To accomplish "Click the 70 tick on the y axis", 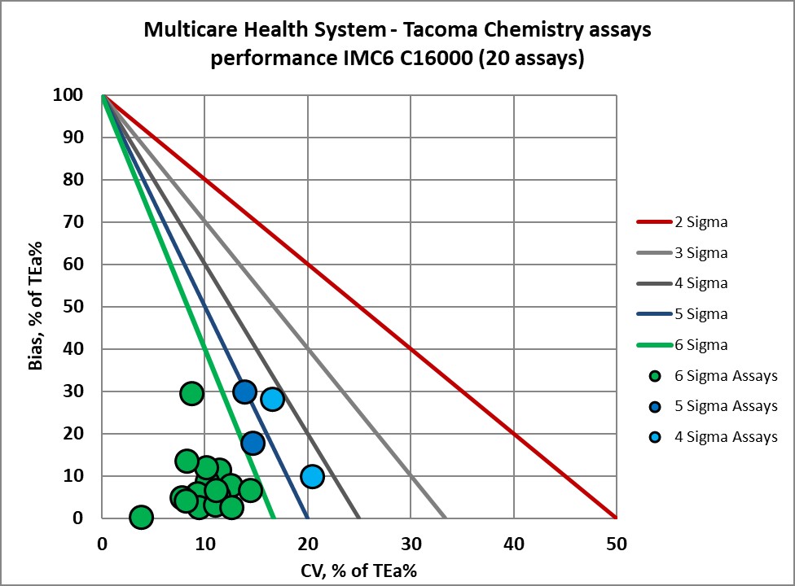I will tap(75, 222).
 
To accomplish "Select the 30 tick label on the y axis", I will tap(75, 391).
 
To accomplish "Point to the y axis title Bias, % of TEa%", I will tap(37, 306).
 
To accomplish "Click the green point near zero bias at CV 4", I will tap(141, 517).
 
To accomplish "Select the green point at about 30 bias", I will tap(191, 394).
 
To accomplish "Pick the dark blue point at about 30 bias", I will tap(244, 392).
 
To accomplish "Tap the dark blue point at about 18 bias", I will tap(253, 443).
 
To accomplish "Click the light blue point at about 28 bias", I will tap(272, 399).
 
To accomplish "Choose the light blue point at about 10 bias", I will tap(312, 476).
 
